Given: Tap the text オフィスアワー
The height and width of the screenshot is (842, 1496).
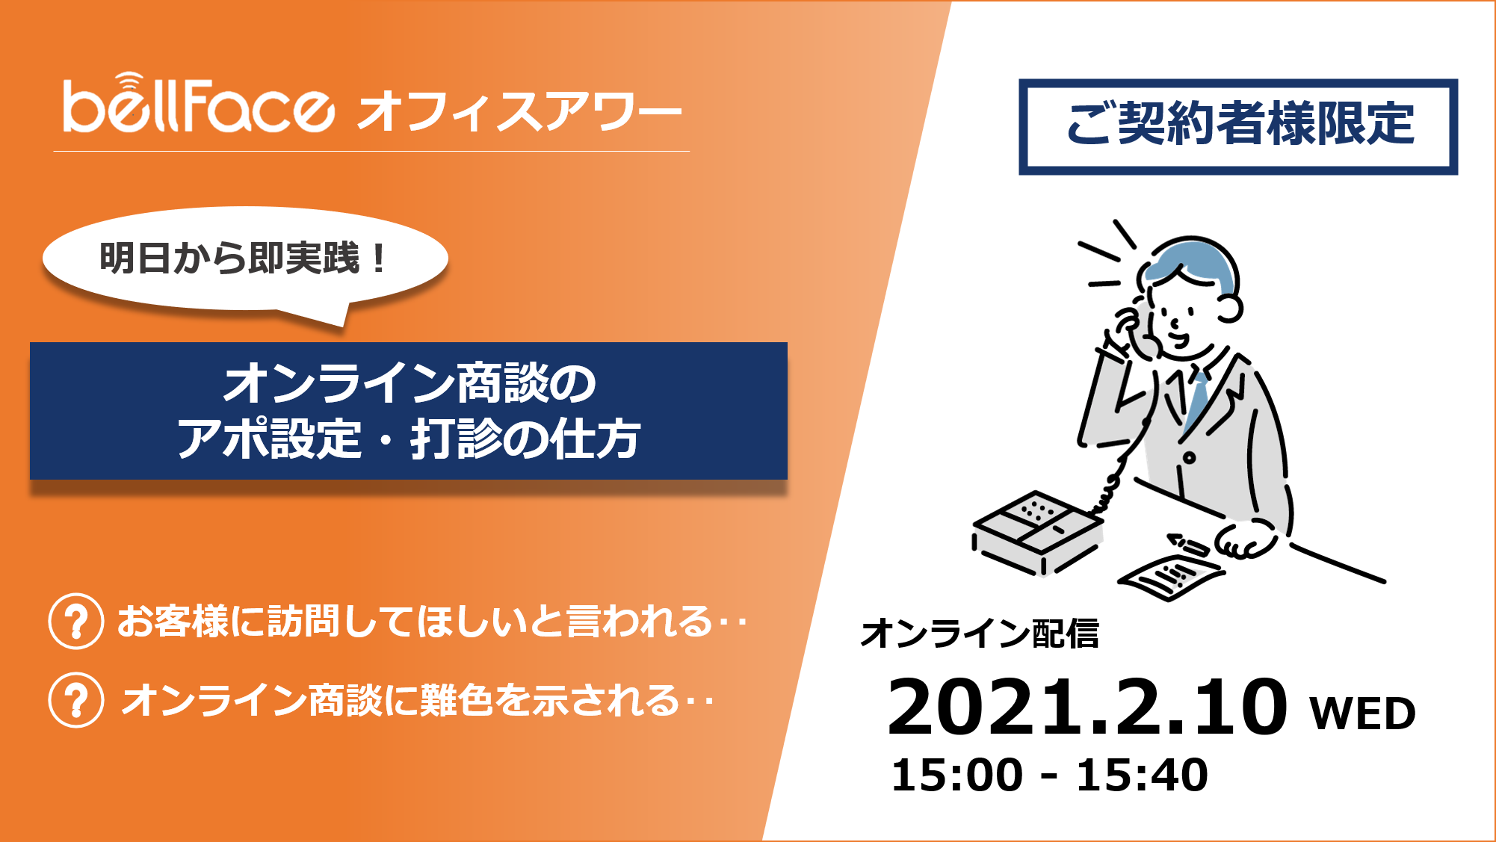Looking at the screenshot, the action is coord(520,111).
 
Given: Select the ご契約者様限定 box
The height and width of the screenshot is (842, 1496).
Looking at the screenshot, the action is coord(1238,126).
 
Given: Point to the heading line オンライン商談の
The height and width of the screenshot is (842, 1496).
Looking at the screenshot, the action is coord(409,383).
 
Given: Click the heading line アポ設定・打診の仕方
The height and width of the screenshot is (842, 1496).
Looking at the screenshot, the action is coord(409,439).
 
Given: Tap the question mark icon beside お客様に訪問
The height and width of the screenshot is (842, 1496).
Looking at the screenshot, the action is coord(76,621).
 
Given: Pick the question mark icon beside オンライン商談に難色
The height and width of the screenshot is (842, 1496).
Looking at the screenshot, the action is coord(76,700).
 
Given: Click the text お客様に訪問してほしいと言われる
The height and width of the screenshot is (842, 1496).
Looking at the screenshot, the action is coord(415,622).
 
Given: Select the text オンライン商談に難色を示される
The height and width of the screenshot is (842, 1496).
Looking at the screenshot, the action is coord(400,701).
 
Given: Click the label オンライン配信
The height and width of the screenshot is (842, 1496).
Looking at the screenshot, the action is coord(980,634).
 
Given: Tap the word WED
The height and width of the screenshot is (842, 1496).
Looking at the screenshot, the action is coord(1363,713).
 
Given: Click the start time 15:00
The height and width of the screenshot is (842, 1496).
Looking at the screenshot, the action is coord(956,775).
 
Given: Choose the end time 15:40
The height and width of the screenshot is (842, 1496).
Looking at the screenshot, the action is coord(1142,775).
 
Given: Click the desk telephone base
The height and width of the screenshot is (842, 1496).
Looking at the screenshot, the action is coord(1038,533).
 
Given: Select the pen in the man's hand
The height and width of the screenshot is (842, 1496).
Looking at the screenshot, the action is coord(1188,545).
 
